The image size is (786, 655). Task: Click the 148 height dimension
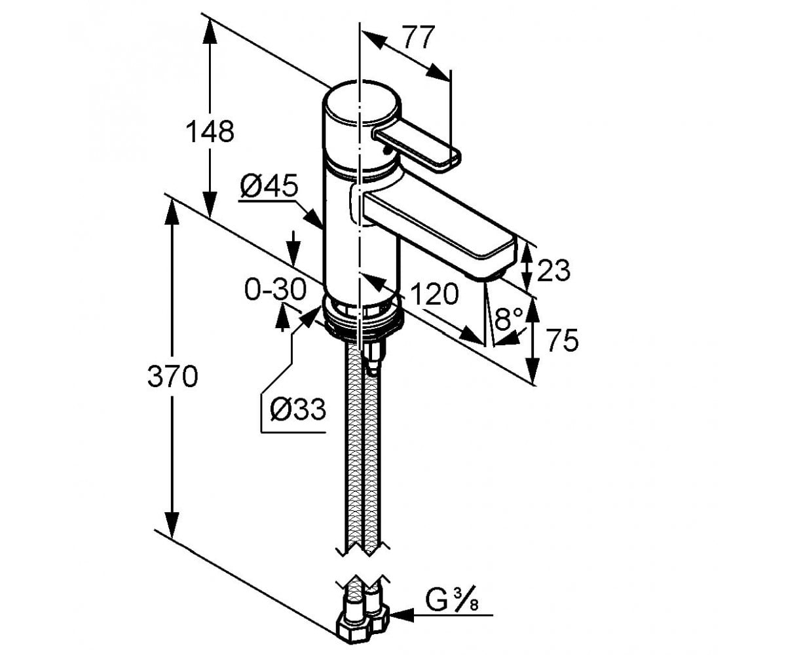[x=210, y=132]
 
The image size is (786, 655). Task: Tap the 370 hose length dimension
[x=172, y=376]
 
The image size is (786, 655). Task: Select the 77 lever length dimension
[x=419, y=37]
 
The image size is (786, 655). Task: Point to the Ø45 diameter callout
[x=269, y=185]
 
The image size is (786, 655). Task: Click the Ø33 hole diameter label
[x=298, y=409]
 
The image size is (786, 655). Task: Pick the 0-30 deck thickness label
[x=276, y=290]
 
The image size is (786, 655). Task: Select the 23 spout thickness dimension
[x=553, y=270]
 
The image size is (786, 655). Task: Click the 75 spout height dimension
[x=562, y=340]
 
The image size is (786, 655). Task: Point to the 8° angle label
[x=509, y=318]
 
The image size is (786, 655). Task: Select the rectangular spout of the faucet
[x=439, y=233]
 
